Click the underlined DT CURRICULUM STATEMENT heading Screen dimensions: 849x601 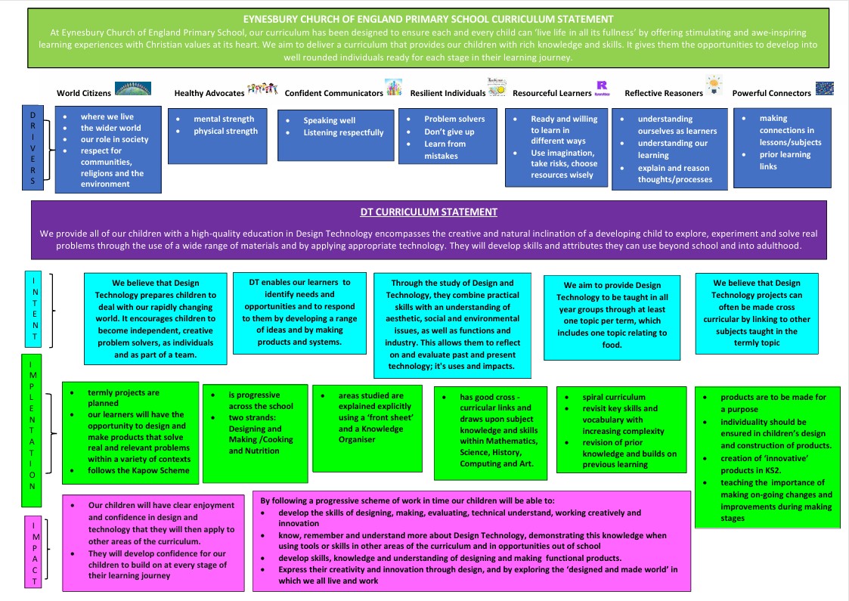429,212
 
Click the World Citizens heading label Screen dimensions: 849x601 84,93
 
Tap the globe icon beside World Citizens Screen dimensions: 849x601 133,88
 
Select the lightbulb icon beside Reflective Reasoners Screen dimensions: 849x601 714,85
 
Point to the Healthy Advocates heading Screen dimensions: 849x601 209,93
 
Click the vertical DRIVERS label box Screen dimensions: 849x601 33,148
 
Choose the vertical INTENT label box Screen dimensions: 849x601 33,308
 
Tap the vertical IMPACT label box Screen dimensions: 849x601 33,552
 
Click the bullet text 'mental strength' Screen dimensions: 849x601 224,119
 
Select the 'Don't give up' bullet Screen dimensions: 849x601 449,132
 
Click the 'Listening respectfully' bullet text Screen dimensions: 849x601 343,132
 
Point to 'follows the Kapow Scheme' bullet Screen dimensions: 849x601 138,470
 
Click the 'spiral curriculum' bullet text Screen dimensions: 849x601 614,397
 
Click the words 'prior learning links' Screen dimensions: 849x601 785,160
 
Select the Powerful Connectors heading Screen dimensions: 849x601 772,93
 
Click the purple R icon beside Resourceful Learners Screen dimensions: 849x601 602,87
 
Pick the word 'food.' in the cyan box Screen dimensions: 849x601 612,345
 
